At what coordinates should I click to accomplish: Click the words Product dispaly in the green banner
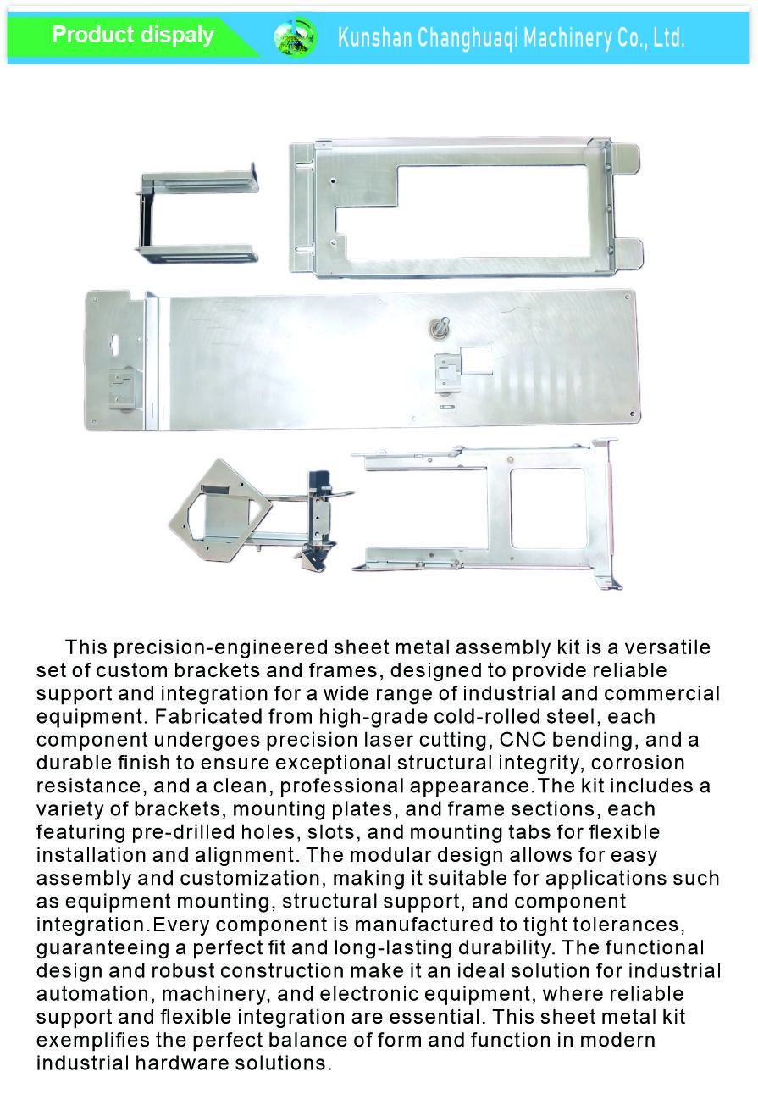[133, 36]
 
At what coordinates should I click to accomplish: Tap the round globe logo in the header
[295, 37]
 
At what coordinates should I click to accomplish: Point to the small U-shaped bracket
[197, 216]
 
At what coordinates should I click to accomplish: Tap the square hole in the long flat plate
[475, 359]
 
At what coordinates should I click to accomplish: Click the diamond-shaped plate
[219, 509]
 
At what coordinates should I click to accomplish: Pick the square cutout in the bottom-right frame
[548, 507]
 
